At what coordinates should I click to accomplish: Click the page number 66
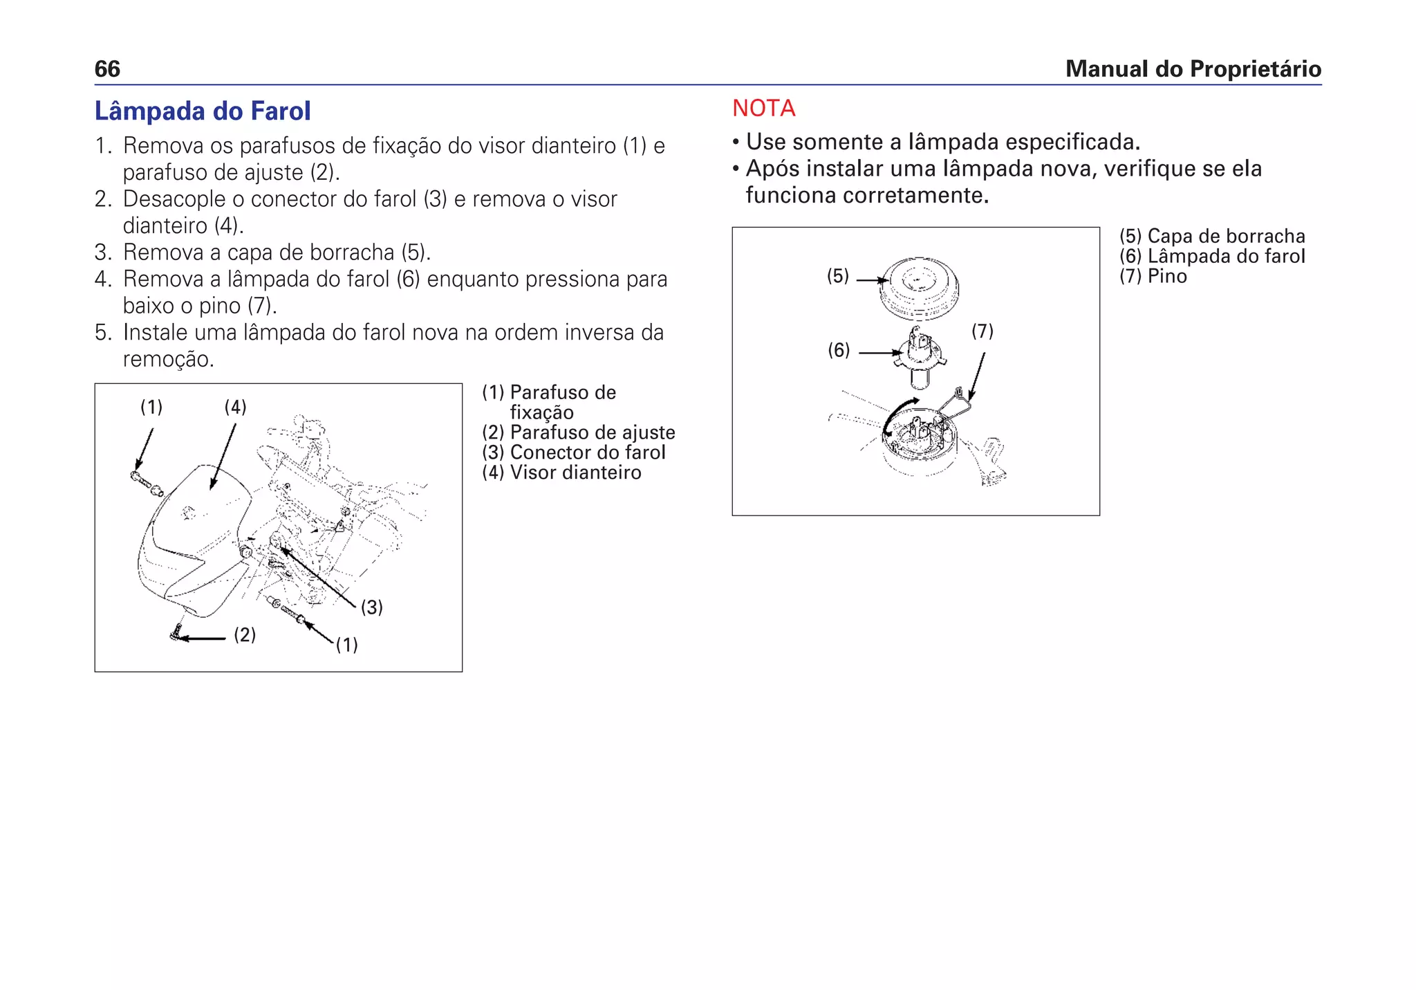click(107, 69)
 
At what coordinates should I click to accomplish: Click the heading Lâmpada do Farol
click(203, 111)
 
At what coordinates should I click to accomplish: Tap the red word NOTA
click(763, 109)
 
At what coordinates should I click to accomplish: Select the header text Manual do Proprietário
click(1193, 69)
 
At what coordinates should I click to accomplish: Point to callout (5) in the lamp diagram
click(838, 277)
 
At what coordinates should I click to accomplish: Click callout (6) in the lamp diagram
click(839, 351)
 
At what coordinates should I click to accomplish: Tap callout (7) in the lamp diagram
click(982, 331)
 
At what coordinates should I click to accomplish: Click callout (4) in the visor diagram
click(235, 407)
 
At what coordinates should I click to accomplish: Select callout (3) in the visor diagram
click(372, 607)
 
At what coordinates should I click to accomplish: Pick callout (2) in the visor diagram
click(245, 635)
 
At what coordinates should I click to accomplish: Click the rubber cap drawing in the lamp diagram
click(919, 287)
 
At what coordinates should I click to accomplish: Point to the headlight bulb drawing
click(920, 356)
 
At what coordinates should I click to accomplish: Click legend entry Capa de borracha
click(1212, 237)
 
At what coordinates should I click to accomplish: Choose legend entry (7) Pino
click(1153, 277)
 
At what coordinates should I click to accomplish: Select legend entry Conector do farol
click(574, 452)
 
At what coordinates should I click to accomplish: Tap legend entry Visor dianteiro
click(561, 473)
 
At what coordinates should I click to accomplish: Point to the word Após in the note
click(772, 169)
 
